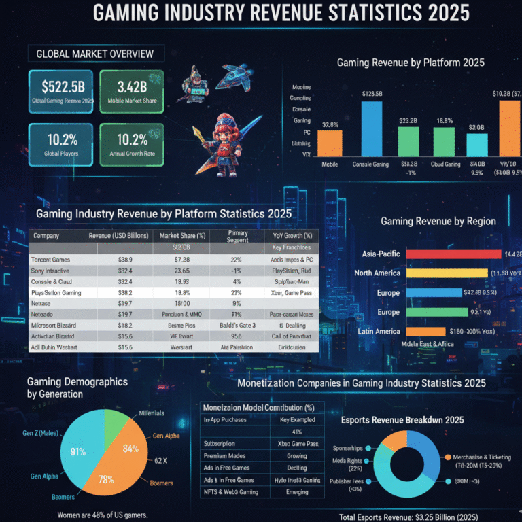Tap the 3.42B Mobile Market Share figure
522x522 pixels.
point(131,87)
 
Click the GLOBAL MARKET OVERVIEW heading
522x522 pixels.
point(94,54)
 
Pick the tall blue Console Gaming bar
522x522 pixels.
point(370,128)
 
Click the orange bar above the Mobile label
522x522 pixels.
point(330,143)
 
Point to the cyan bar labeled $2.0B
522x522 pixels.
point(477,144)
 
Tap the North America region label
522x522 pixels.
point(377,273)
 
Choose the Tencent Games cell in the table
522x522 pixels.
point(56,260)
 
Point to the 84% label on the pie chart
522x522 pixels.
point(130,449)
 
